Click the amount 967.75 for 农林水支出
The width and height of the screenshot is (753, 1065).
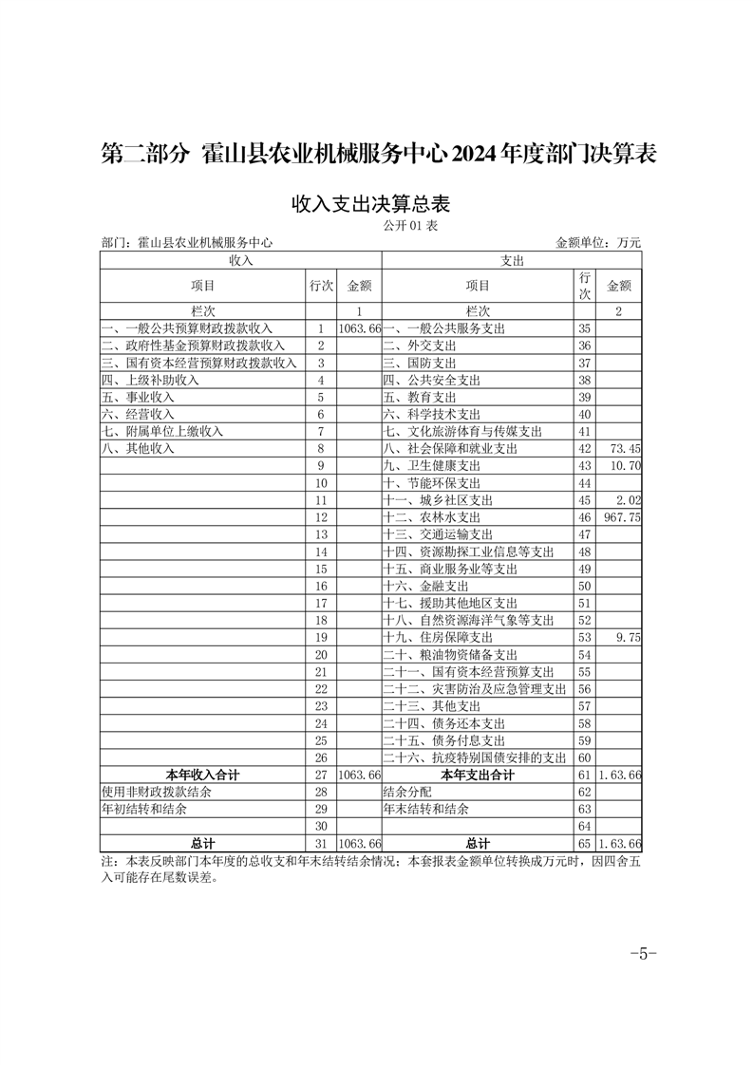click(x=622, y=517)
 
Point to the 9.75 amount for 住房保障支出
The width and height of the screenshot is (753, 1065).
click(x=629, y=638)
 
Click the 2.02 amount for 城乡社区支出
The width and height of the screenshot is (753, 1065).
click(x=630, y=500)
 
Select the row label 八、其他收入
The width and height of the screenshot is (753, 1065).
click(x=139, y=448)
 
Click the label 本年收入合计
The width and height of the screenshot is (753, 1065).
click(x=202, y=775)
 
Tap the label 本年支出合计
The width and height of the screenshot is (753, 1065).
click(x=478, y=775)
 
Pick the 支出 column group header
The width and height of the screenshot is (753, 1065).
click(x=512, y=259)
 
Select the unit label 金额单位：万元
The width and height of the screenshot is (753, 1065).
click(x=598, y=243)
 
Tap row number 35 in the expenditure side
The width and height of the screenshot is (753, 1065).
click(x=584, y=327)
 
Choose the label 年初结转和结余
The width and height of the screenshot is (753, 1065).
click(x=144, y=810)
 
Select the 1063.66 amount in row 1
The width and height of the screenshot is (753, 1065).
click(x=359, y=327)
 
